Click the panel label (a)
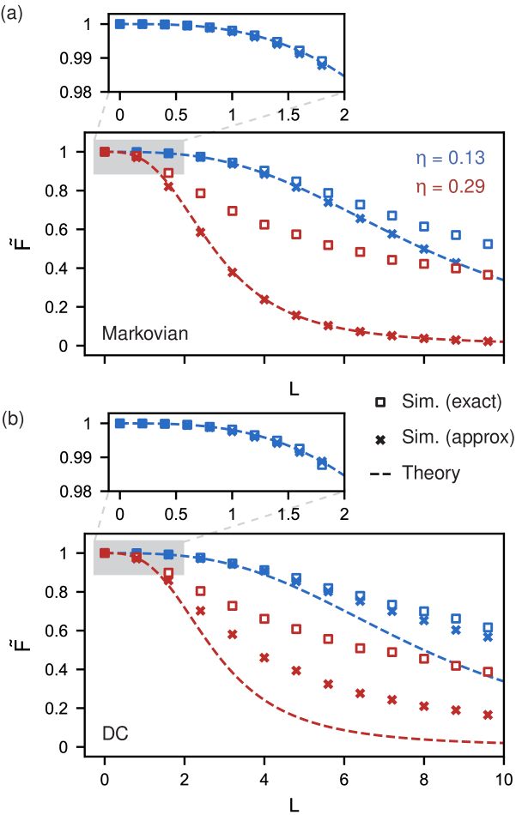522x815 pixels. click(12, 15)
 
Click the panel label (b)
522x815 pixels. click(12, 420)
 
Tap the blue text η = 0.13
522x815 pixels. click(450, 158)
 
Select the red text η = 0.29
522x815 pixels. click(450, 186)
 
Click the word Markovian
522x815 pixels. click(144, 333)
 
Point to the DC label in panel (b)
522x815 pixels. click(115, 734)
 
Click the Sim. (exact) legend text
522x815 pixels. click(452, 401)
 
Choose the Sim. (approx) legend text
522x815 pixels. click(458, 438)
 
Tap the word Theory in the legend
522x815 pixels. click(431, 473)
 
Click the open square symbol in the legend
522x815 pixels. click(380, 402)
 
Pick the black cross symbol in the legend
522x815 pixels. click(380, 438)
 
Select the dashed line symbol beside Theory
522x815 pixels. click(380, 474)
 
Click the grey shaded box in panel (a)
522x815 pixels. click(138, 157)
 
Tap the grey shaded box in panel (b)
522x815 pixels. click(138, 558)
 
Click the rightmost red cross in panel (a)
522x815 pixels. click(488, 341)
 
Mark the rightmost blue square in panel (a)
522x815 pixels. click(488, 244)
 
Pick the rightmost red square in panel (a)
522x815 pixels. click(488, 275)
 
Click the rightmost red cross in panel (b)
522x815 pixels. click(488, 715)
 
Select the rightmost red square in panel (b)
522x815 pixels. click(488, 672)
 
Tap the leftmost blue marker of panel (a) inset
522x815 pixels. click(119, 24)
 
